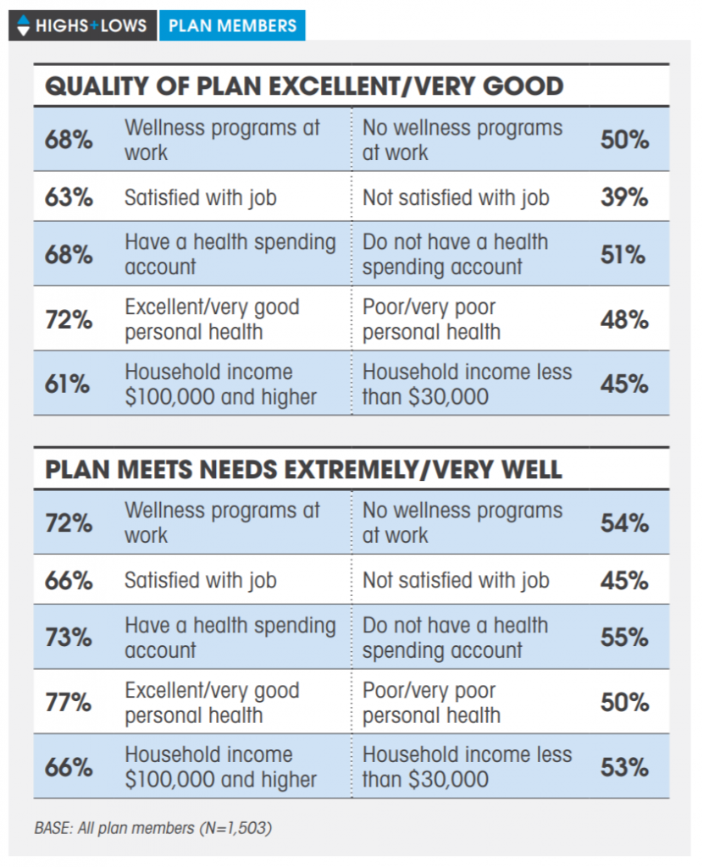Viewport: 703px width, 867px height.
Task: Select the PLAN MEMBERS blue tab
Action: (x=232, y=25)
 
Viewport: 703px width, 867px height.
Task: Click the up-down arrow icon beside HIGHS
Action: (x=23, y=25)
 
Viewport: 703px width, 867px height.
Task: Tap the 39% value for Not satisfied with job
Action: (x=624, y=197)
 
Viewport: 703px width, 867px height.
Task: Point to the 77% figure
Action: (x=69, y=703)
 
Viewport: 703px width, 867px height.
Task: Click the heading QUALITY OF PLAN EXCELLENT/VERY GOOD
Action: (x=304, y=86)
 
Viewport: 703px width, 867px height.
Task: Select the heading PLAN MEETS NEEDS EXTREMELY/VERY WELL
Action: (x=303, y=470)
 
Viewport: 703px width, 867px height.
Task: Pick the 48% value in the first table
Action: (x=624, y=320)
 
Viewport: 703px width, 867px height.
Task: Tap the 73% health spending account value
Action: (x=69, y=638)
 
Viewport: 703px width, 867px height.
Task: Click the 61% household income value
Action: (x=68, y=384)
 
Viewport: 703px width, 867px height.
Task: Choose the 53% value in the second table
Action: (x=624, y=767)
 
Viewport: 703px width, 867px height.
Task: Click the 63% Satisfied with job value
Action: (x=69, y=197)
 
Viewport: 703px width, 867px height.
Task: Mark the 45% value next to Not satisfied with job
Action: (x=624, y=581)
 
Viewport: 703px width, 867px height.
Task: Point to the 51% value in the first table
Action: (x=624, y=254)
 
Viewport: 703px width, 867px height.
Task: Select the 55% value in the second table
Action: (x=624, y=638)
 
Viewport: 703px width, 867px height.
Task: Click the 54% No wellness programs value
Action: (x=624, y=523)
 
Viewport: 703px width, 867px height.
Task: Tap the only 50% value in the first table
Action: (x=624, y=140)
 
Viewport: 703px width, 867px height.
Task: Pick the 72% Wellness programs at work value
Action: (x=69, y=523)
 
